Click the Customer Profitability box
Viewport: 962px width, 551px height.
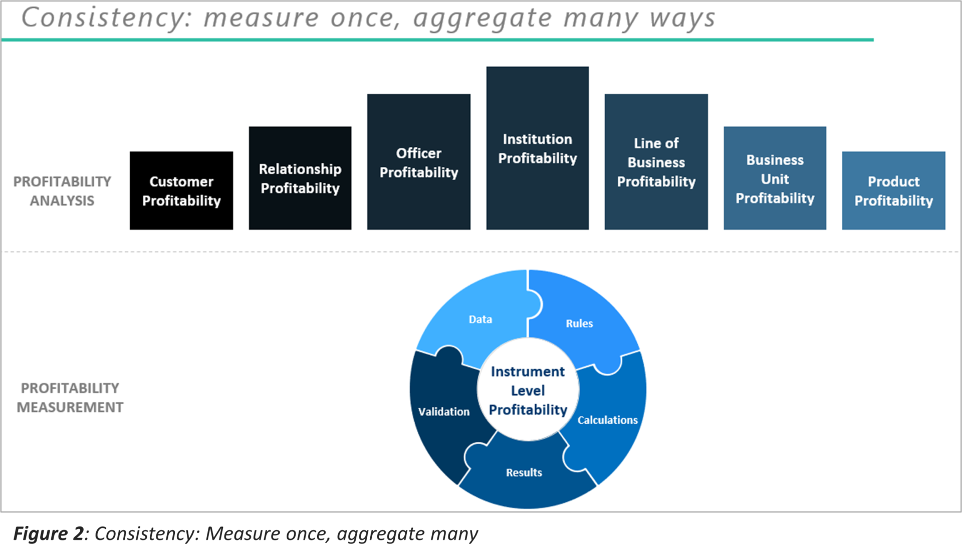point(181,191)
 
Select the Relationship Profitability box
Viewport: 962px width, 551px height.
point(300,178)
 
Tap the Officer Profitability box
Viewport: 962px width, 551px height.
point(419,162)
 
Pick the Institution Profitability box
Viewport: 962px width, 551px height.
point(538,148)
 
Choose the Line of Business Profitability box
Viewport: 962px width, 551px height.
point(656,162)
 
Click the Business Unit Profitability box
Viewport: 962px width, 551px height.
point(775,178)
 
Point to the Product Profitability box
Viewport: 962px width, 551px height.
point(894,191)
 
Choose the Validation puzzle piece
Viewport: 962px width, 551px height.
point(444,411)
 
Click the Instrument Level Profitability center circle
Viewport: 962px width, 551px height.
point(528,391)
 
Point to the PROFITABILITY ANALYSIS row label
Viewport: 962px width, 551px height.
point(62,191)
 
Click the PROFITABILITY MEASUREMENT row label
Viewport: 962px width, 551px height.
point(70,398)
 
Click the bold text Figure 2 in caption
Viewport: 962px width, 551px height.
point(48,534)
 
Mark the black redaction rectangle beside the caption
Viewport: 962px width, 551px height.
point(766,532)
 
